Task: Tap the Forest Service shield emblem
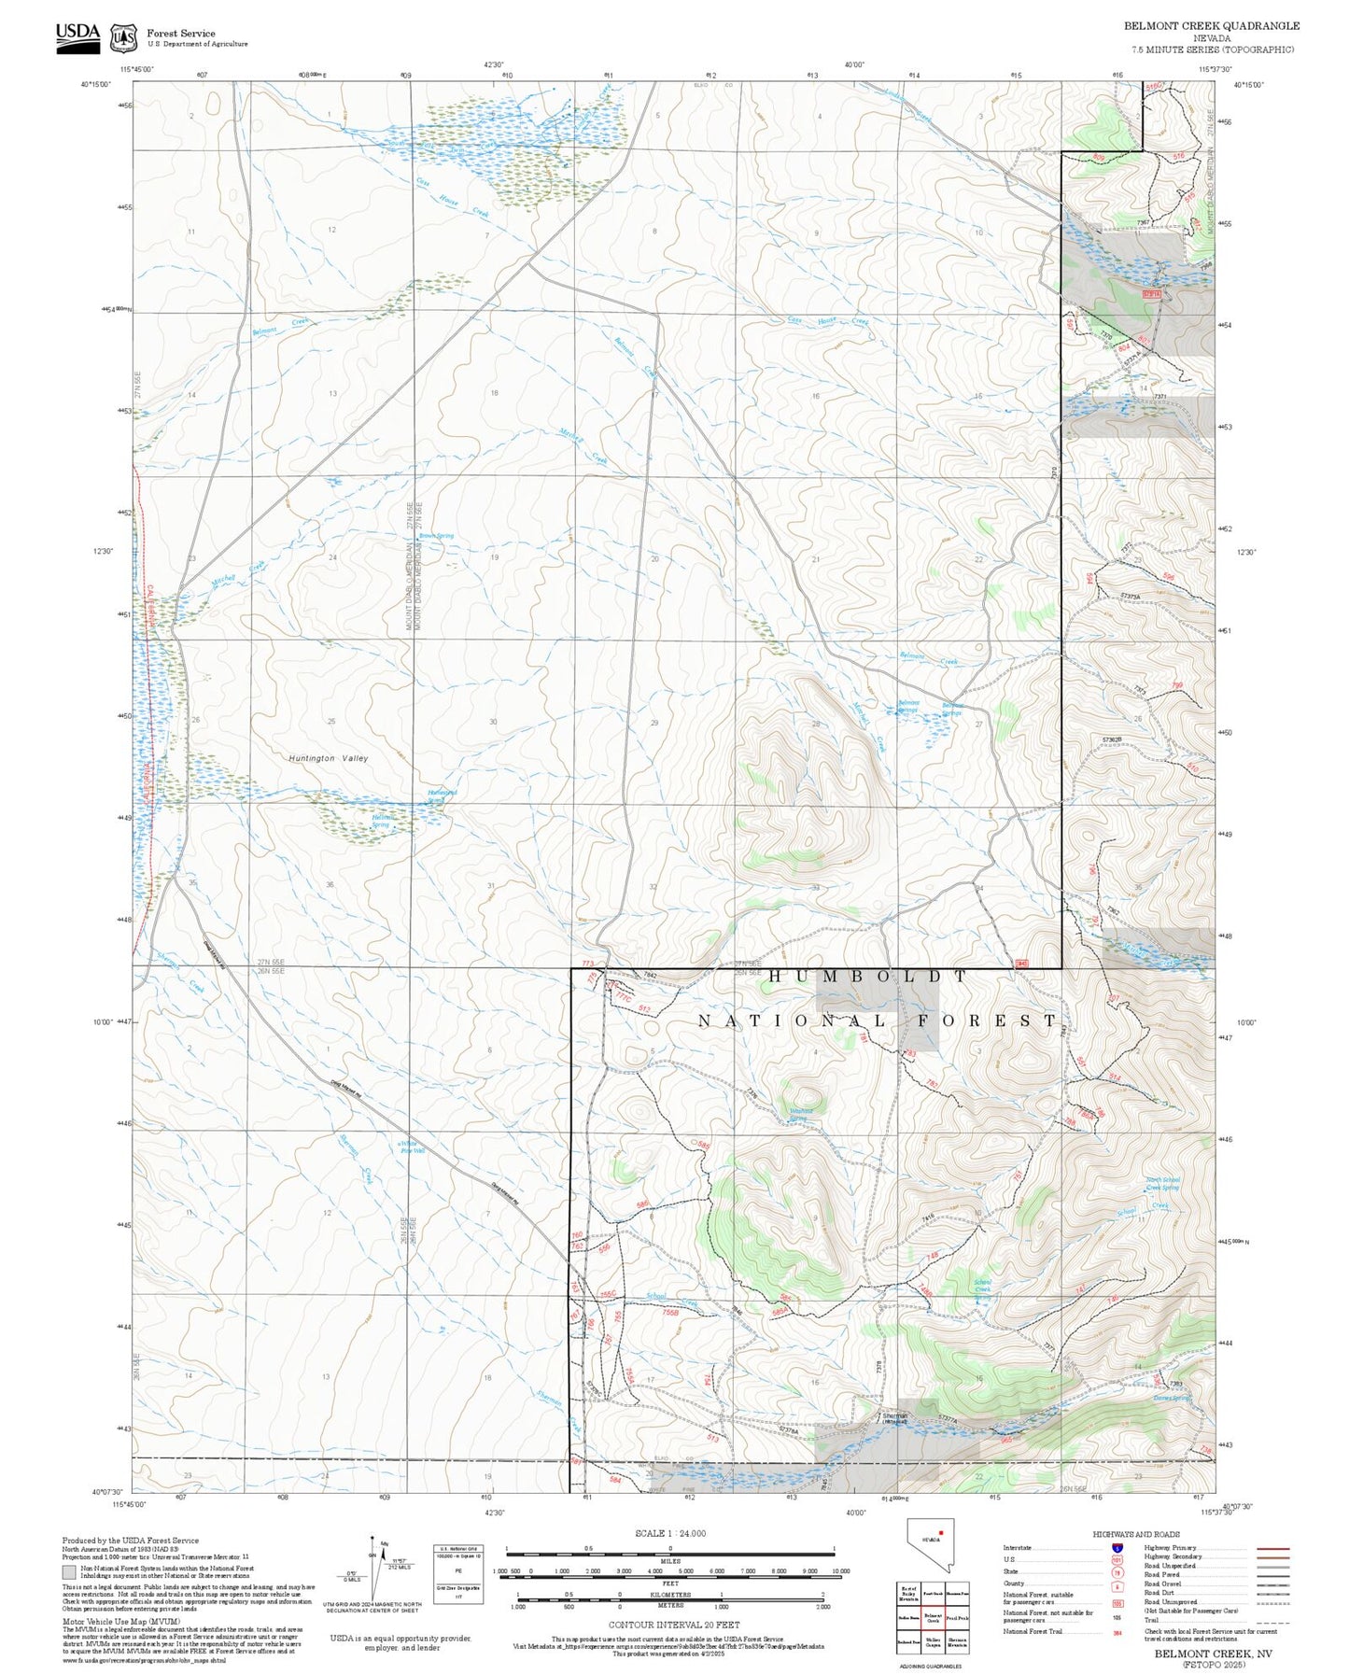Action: (123, 38)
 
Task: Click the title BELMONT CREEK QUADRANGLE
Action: (1211, 26)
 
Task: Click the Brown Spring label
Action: (436, 536)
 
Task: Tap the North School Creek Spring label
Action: (1162, 1183)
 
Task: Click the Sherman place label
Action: (895, 1416)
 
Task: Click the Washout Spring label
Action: (800, 1114)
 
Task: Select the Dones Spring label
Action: (1172, 1398)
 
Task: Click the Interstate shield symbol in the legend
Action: (1117, 1548)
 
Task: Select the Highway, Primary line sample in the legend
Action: (1273, 1548)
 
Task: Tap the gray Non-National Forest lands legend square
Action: (70, 1572)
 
